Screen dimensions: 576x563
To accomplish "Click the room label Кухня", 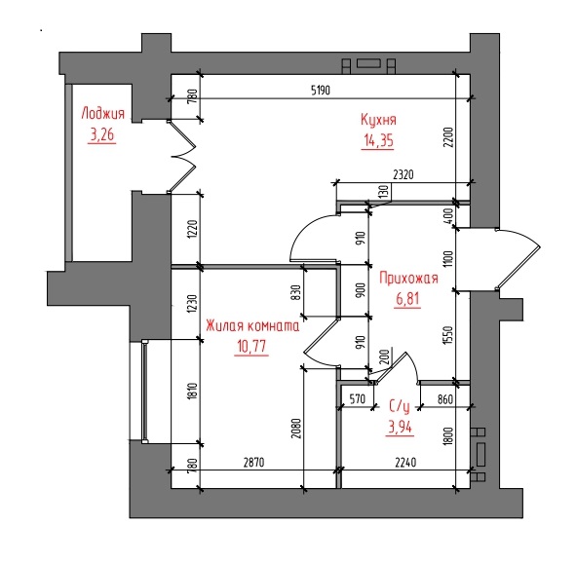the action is click(378, 120).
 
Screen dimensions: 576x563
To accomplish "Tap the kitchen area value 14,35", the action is click(378, 140).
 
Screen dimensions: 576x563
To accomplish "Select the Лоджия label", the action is click(103, 113).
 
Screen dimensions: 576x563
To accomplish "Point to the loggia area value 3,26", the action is click(102, 134).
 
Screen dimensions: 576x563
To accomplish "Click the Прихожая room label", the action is click(408, 278).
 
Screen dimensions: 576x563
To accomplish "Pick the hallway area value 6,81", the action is click(407, 299).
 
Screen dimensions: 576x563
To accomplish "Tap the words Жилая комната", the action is click(252, 325).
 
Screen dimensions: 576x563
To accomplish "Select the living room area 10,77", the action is click(251, 346).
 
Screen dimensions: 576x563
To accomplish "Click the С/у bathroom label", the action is click(400, 406).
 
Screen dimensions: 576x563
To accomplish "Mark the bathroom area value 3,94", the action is click(400, 427).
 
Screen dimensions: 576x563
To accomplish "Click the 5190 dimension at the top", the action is click(321, 90).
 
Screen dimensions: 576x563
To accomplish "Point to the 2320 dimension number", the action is click(403, 174).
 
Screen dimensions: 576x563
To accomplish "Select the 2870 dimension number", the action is click(253, 462).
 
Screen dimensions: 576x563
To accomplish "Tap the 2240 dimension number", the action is click(405, 462).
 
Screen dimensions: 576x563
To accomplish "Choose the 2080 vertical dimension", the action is click(296, 429).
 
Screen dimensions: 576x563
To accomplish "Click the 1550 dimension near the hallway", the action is click(448, 335).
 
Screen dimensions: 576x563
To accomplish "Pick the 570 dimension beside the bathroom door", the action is click(358, 398).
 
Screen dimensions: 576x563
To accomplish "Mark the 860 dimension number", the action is click(445, 398).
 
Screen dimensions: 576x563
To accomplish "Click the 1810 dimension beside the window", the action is click(193, 392).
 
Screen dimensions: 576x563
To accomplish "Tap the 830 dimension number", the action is click(296, 292).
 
